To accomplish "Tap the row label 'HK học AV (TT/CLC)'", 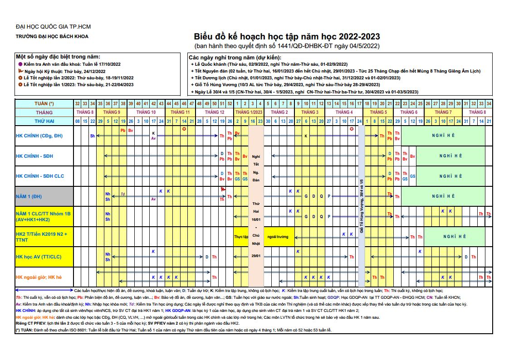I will pos(39,257).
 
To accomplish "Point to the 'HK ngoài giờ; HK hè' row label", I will pos(39,277).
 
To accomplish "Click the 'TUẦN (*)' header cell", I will pos(44,104).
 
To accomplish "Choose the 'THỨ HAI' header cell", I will pos(44,121).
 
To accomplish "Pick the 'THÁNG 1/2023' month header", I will pos(249,112).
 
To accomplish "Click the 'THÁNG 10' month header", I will pos(146,112).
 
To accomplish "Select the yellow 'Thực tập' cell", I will pos(241,237).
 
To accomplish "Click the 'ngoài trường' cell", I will pos(278,237).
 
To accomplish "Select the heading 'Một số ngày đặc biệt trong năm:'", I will pos(58,57).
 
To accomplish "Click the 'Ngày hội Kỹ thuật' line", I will pos(65,71).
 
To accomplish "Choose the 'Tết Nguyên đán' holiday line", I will pos(335,71).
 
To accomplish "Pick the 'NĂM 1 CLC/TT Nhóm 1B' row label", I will pos(43,216).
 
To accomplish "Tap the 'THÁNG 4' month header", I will pos(344,112).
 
